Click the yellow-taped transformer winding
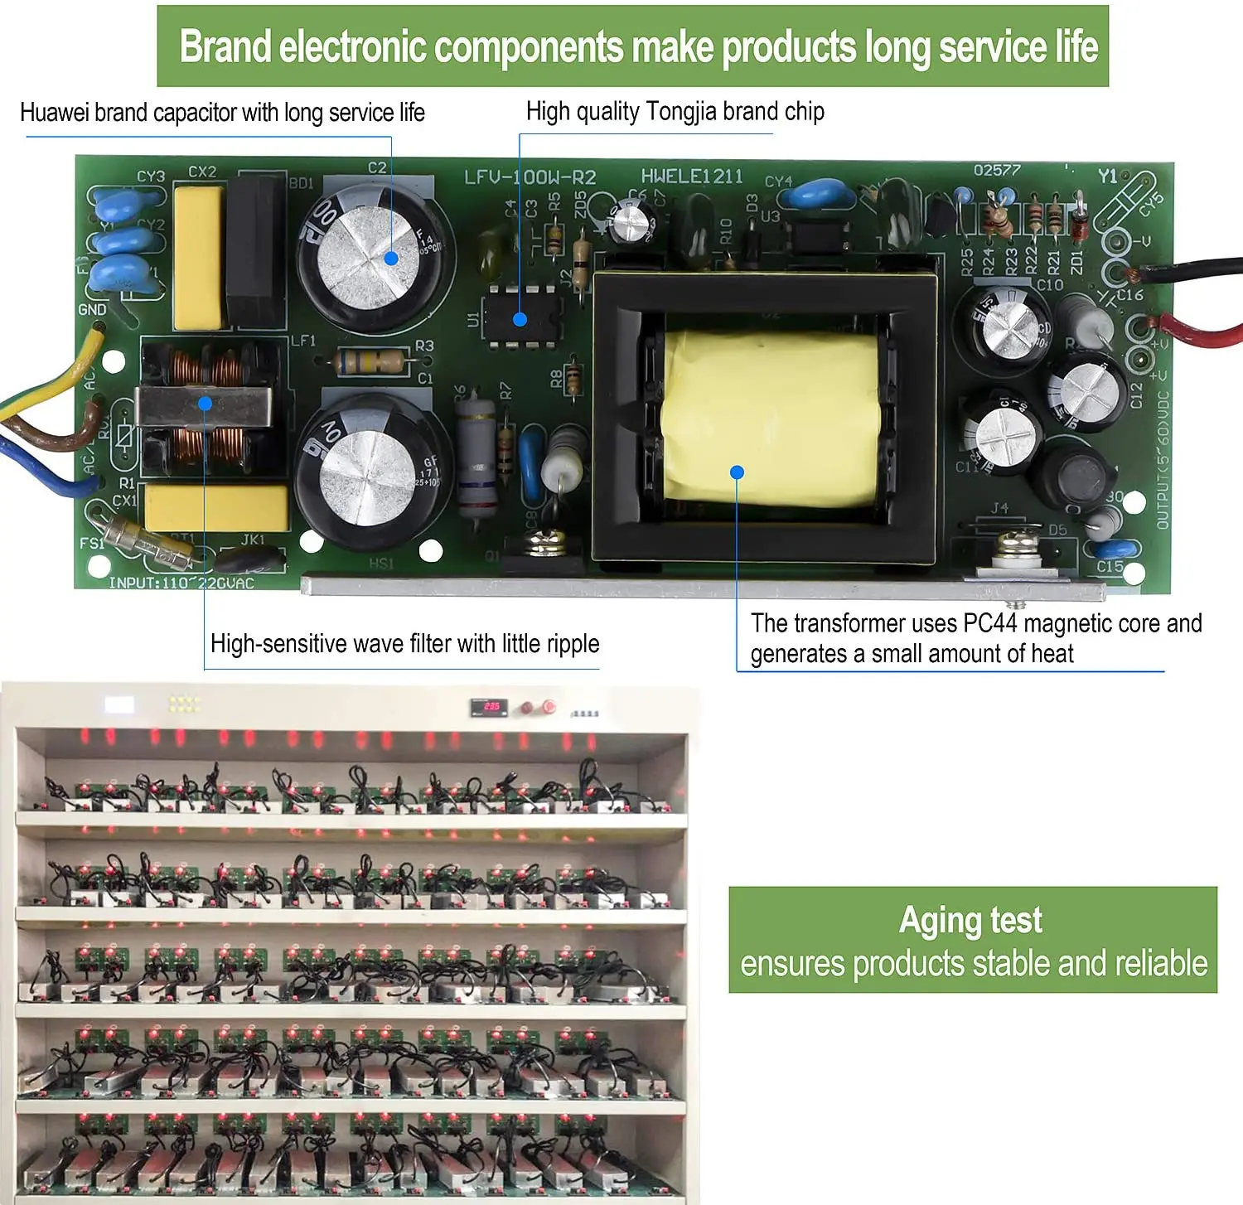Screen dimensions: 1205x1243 (771, 419)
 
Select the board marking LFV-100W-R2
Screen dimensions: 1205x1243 (530, 177)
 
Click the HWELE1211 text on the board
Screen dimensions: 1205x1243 (691, 176)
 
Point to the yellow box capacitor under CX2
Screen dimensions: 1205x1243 (199, 257)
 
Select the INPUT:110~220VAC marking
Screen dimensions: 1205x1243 (181, 583)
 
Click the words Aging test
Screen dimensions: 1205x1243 (970, 921)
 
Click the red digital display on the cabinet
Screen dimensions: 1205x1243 (491, 707)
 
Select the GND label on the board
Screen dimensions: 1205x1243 (92, 309)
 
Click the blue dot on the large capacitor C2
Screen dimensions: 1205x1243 (391, 258)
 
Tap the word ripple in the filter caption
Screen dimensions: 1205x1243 (569, 644)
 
